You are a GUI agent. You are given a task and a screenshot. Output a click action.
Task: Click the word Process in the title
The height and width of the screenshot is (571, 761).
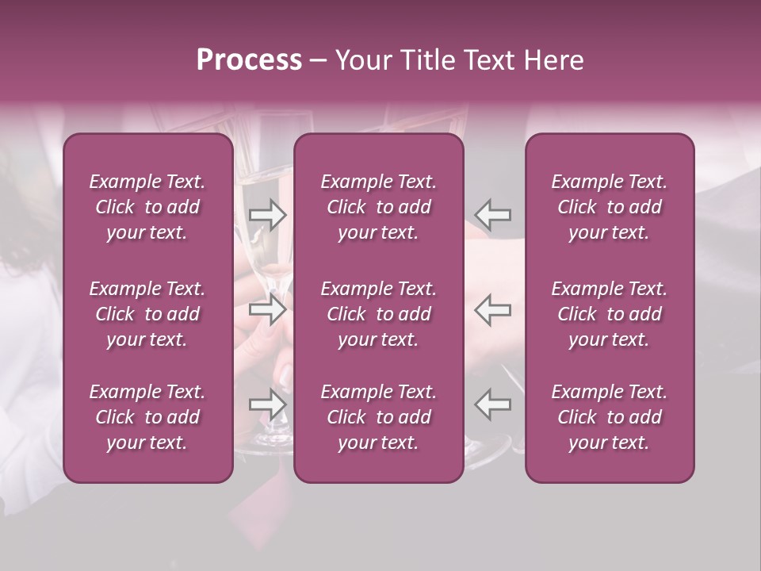[x=249, y=60]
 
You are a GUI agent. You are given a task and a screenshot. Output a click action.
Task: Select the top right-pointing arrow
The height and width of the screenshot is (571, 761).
[x=268, y=215]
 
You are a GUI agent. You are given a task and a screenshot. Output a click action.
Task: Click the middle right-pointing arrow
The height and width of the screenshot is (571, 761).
[x=268, y=310]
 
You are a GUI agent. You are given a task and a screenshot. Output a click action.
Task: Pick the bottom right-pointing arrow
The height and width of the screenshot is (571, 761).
[x=268, y=404]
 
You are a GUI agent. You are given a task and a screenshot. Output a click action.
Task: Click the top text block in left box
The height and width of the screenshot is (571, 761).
[x=147, y=207]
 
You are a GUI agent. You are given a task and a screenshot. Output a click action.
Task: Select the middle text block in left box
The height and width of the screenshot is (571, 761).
[x=147, y=314]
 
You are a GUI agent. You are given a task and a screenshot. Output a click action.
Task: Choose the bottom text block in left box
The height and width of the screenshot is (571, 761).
[x=147, y=417]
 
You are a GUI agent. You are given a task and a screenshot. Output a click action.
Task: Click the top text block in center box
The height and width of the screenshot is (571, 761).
[x=379, y=207]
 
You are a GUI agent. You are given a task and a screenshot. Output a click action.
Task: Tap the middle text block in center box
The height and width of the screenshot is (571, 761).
[x=379, y=314]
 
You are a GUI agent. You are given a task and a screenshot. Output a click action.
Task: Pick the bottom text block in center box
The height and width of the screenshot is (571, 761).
[x=379, y=417]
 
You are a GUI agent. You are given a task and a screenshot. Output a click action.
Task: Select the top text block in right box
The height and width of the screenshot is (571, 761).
[x=610, y=207]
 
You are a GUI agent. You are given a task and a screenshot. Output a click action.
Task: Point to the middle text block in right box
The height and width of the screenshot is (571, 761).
[x=610, y=314]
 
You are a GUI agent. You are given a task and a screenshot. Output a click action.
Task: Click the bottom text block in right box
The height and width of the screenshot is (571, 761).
[x=610, y=417]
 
